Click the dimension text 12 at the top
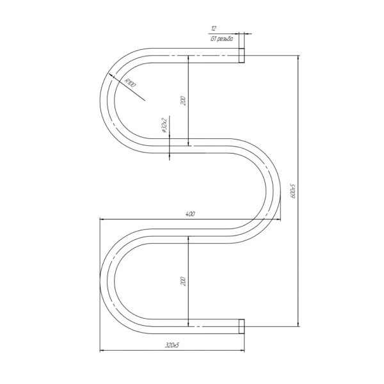[x=214, y=29]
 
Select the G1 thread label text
[x=222, y=39]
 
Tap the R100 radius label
[x=130, y=83]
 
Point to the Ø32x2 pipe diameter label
[x=164, y=125]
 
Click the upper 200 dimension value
[x=184, y=101]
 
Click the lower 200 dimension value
[x=184, y=281]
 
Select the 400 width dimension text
[x=190, y=214]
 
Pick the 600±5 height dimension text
[x=294, y=191]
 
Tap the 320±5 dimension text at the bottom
[x=172, y=346]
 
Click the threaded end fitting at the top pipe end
[x=241, y=56]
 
